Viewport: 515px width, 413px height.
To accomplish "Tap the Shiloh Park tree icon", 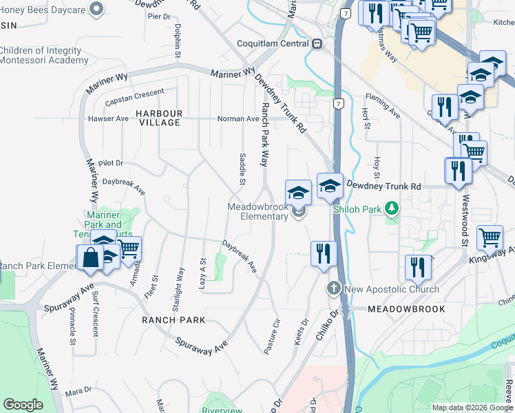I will (392, 207).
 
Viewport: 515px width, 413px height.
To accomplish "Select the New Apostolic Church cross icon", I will (335, 288).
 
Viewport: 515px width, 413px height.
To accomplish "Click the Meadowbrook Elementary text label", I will (258, 211).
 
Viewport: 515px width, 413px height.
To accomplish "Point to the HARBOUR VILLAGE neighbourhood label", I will (159, 118).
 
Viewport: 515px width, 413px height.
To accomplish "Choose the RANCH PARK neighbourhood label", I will (174, 320).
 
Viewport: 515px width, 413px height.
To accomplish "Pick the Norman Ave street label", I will (238, 119).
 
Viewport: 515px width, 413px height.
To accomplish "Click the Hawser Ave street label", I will (108, 118).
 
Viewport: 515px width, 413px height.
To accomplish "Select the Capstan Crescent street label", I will (135, 96).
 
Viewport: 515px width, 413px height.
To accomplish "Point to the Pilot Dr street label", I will (110, 163).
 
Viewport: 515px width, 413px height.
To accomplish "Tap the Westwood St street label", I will (465, 220).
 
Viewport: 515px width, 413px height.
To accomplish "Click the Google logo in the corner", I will (23, 405).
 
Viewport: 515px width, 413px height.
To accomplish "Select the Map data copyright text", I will (473, 407).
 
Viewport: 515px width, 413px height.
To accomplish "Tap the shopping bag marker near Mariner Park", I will (91, 258).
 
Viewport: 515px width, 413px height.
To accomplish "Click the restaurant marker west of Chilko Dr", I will (322, 253).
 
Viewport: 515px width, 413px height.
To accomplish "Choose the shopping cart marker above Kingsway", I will (490, 237).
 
